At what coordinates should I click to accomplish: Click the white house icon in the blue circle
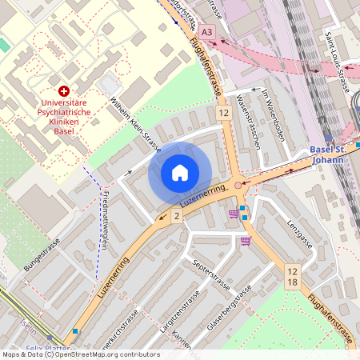pos(179,172)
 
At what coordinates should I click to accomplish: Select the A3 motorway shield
pos(208,31)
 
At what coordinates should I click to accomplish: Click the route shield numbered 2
pos(176,216)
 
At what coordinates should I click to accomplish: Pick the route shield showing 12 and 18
pos(293,278)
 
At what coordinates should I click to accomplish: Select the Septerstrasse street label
pos(210,274)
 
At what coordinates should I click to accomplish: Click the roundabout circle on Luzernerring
pos(238,186)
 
